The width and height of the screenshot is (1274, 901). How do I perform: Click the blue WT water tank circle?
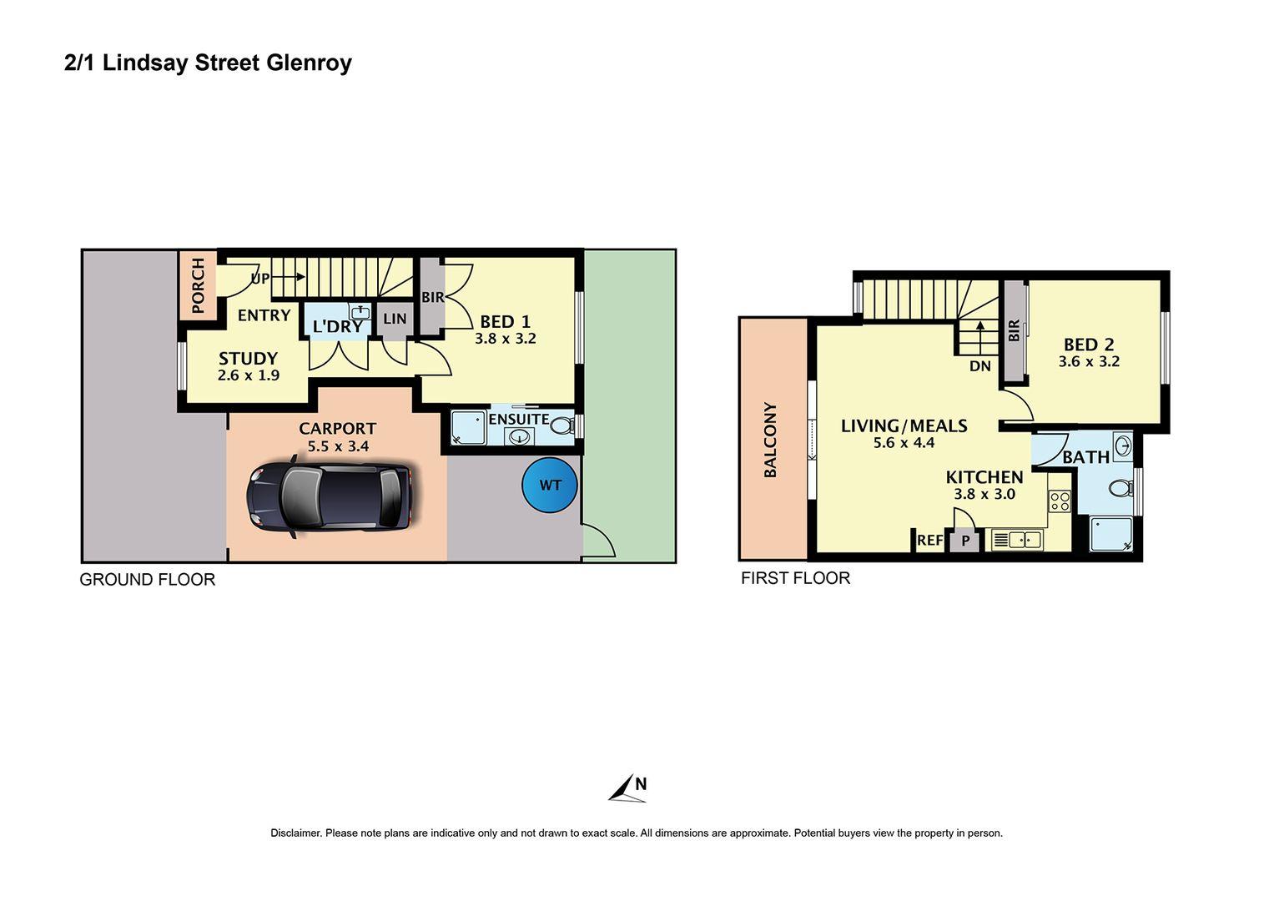point(550,486)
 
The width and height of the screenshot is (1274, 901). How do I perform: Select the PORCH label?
point(198,285)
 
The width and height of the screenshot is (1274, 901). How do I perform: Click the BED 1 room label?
point(505,322)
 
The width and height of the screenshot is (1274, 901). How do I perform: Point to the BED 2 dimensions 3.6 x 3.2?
point(1089,362)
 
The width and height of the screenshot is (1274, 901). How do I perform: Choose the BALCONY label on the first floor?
point(769,440)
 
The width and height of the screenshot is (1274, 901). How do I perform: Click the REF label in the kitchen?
point(930,540)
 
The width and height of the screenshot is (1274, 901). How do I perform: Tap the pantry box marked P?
point(965,541)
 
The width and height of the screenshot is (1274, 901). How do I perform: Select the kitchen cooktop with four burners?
point(1060,501)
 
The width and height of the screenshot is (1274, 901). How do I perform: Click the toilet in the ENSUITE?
point(562,425)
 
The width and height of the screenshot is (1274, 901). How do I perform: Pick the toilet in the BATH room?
point(1121,488)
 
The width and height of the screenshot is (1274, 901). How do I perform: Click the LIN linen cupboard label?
point(395,319)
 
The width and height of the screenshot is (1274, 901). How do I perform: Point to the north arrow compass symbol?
point(627,788)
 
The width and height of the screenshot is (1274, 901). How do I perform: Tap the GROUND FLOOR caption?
point(148,580)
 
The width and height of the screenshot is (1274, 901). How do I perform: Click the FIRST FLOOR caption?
point(795,578)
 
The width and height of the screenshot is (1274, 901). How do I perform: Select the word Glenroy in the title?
point(309,63)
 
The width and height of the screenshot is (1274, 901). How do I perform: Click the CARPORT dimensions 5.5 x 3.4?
point(338,446)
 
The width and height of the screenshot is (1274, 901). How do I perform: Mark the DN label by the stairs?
point(980,366)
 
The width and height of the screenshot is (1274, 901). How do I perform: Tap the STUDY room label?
point(248,359)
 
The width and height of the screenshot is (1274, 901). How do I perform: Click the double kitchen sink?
point(1017,539)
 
